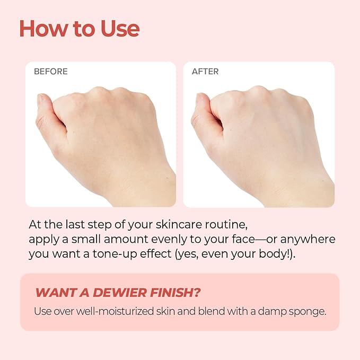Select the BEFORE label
pyautogui.click(x=51, y=72)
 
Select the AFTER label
pyautogui.click(x=205, y=72)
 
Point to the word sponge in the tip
pyautogui.click(x=307, y=311)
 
